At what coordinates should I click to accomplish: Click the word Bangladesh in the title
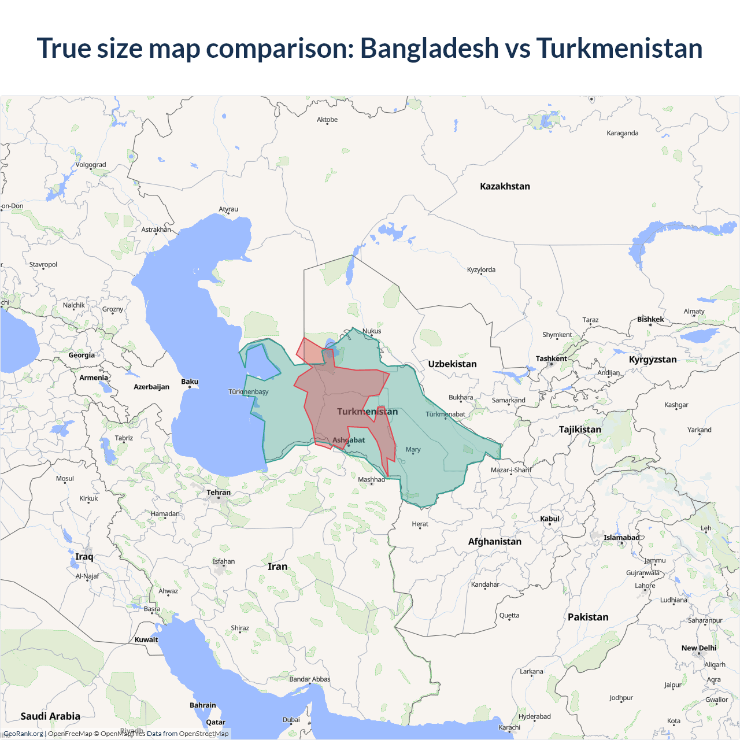(x=429, y=49)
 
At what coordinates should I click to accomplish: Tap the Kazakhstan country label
(x=505, y=186)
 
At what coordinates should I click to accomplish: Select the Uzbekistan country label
(x=452, y=364)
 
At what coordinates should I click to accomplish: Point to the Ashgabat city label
(x=349, y=440)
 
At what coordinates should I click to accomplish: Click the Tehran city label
(x=219, y=493)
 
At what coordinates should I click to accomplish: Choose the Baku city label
(x=190, y=382)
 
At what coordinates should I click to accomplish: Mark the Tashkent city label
(x=551, y=358)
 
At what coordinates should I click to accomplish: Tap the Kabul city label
(x=550, y=519)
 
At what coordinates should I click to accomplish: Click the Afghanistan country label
(x=494, y=541)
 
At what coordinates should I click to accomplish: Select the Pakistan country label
(x=588, y=617)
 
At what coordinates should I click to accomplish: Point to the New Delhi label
(x=698, y=648)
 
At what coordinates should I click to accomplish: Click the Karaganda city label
(x=622, y=133)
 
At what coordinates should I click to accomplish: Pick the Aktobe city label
(x=327, y=120)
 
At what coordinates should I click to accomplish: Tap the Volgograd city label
(x=91, y=165)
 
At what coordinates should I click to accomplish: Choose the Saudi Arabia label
(x=50, y=716)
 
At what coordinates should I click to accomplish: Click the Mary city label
(x=413, y=449)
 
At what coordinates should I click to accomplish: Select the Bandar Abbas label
(x=309, y=679)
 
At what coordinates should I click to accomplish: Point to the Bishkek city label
(x=650, y=319)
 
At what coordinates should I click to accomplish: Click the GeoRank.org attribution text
(x=23, y=734)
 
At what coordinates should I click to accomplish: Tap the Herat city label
(x=420, y=524)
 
